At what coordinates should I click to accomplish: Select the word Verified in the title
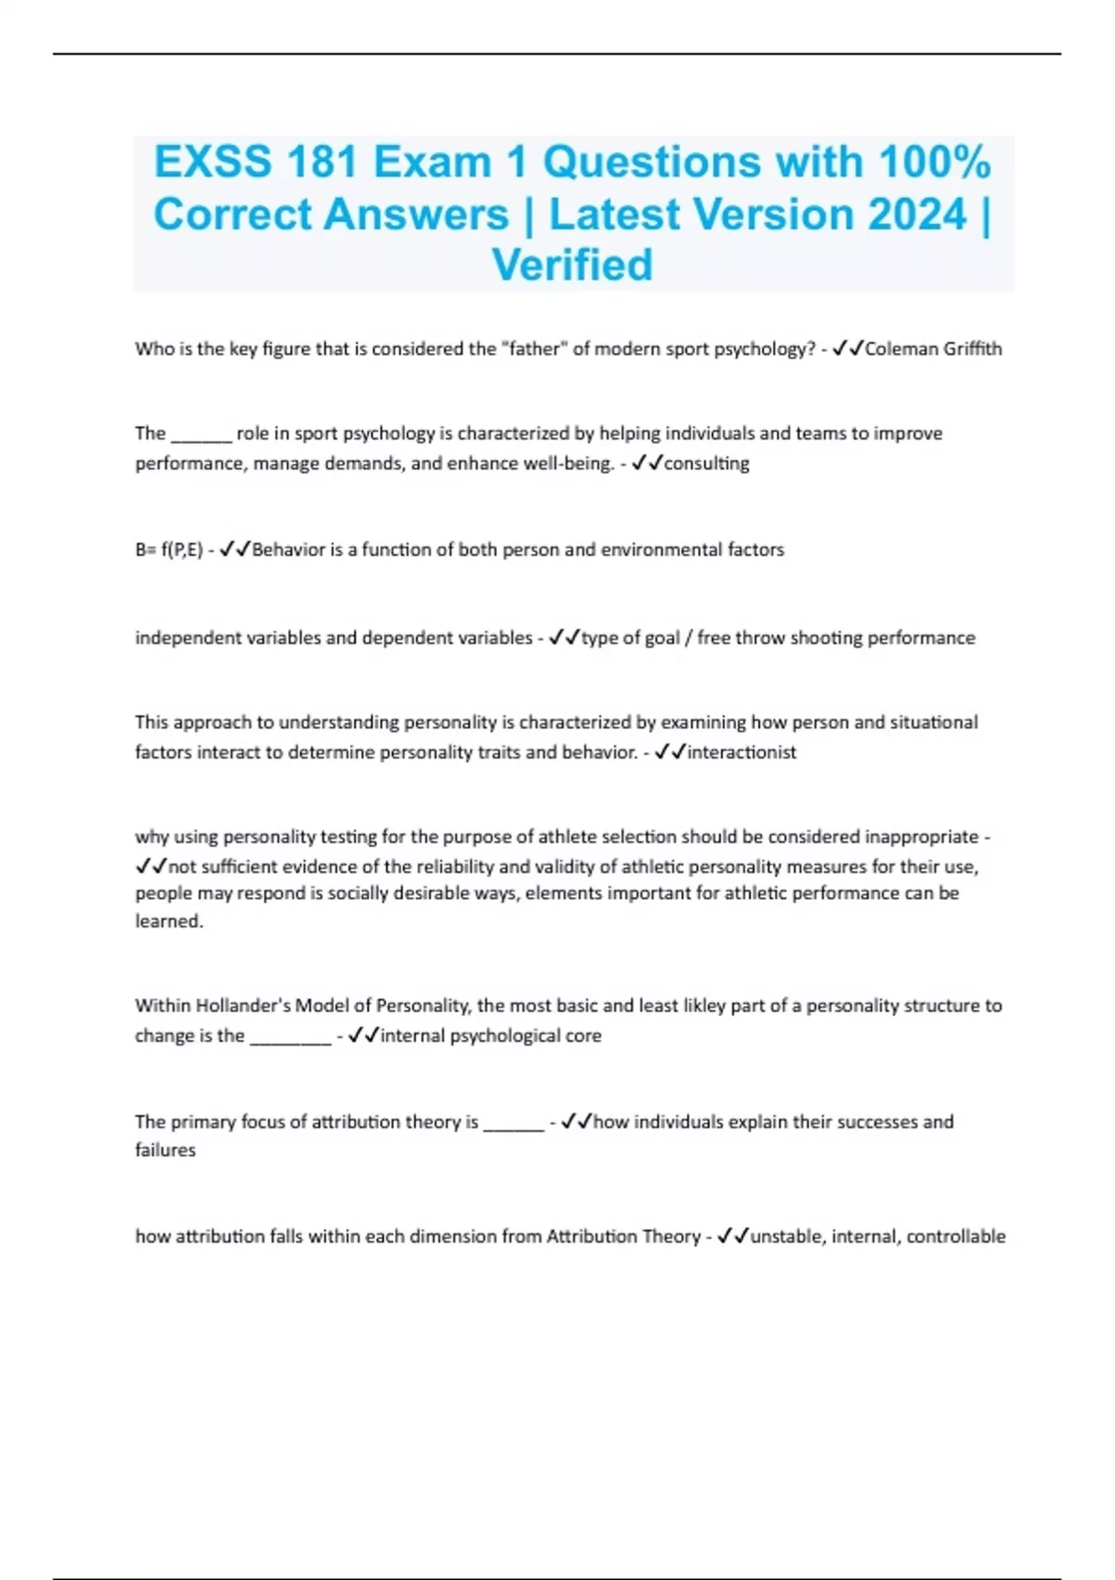click(572, 265)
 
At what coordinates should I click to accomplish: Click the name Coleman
click(901, 349)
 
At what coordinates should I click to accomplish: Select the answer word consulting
click(706, 464)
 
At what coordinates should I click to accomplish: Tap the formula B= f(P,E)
click(169, 550)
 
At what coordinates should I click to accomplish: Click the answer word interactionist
click(741, 753)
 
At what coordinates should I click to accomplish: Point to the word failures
click(165, 1151)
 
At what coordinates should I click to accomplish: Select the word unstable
click(786, 1237)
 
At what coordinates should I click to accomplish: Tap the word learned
click(168, 922)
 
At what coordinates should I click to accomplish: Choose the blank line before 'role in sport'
click(201, 435)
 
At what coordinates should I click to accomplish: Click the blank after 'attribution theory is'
click(513, 1123)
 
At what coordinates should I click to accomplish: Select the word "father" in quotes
click(533, 349)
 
